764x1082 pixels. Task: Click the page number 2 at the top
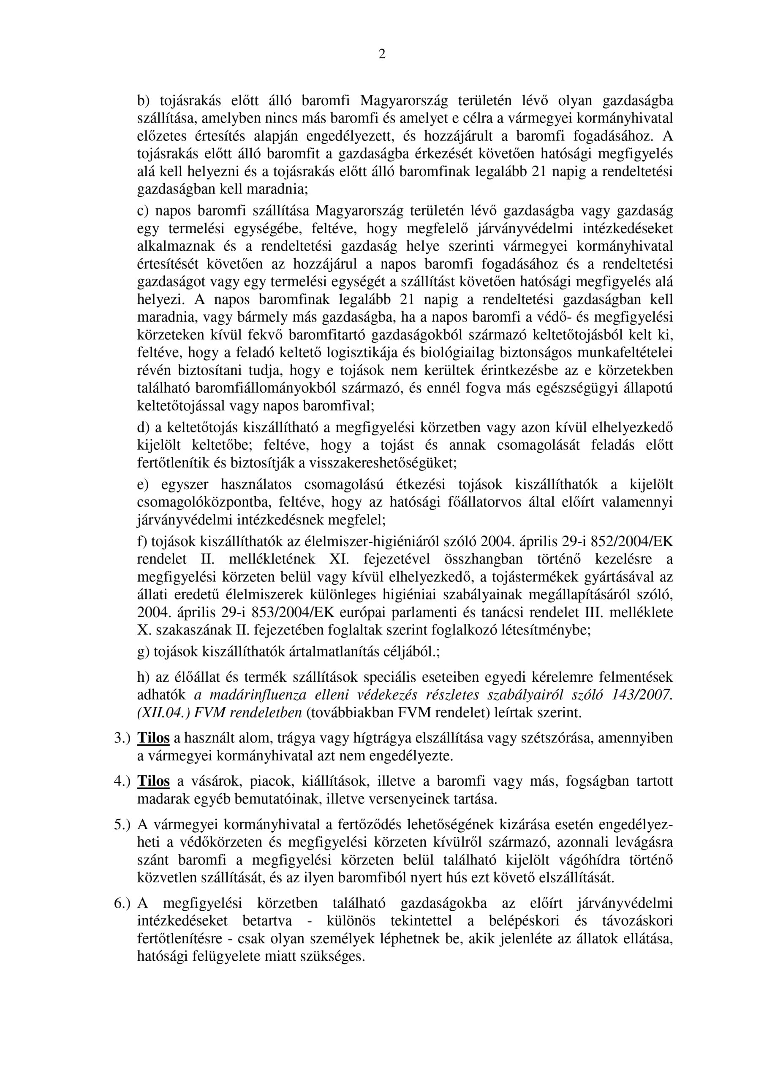(381, 55)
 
